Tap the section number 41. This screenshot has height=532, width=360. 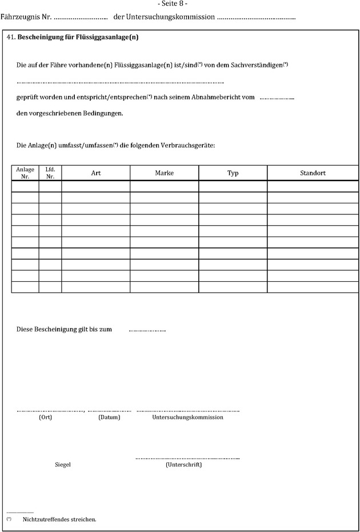coord(10,37)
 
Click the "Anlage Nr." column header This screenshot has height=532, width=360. coord(25,173)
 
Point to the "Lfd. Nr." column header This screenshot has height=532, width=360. coord(50,173)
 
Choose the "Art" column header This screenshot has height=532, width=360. coord(96,173)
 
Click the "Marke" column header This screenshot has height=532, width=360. coord(164,173)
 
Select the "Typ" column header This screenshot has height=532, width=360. coord(233,173)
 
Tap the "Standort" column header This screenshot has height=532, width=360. coord(313,173)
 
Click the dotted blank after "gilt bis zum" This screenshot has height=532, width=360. coord(147,330)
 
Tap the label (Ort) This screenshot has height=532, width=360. coord(46,417)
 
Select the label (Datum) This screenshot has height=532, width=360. coord(109,417)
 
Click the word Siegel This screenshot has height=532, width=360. coord(62,465)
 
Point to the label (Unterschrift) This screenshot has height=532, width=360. coord(183,465)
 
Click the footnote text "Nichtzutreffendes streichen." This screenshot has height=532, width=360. coord(59,519)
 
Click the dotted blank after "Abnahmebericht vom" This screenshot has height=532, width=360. coord(277,98)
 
